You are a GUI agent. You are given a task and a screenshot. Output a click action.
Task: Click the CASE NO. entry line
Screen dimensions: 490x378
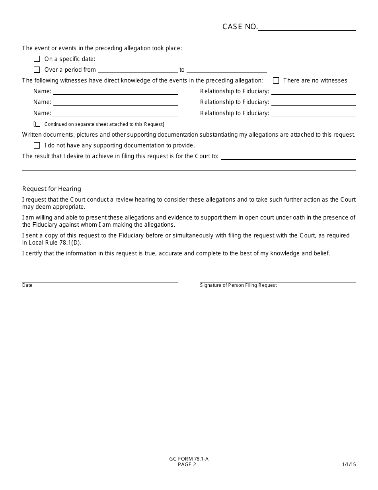pyautogui.click(x=307, y=27)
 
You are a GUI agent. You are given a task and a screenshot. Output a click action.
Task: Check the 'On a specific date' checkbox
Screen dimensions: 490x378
pyautogui.click(x=37, y=59)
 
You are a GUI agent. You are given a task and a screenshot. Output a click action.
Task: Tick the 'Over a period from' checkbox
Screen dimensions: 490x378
pyautogui.click(x=37, y=70)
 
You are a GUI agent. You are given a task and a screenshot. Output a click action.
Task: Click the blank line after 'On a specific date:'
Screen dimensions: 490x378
pyautogui.click(x=171, y=59)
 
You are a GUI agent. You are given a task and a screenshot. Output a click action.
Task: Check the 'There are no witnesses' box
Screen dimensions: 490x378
pyautogui.click(x=276, y=80)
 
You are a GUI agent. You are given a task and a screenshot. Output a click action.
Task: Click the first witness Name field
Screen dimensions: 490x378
pyautogui.click(x=115, y=91)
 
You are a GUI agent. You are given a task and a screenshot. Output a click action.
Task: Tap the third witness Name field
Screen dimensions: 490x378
pyautogui.click(x=115, y=113)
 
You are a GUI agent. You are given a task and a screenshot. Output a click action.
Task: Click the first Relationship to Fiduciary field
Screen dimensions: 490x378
pyautogui.click(x=313, y=91)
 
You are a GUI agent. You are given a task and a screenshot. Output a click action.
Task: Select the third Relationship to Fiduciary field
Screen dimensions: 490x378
pyautogui.click(x=313, y=113)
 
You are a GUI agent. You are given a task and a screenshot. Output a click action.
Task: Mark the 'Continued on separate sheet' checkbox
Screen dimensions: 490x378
pyautogui.click(x=38, y=124)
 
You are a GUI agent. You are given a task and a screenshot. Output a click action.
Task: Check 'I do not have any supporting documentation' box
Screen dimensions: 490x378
pyautogui.click(x=37, y=145)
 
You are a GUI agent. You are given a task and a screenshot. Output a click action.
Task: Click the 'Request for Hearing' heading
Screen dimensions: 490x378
pyautogui.click(x=52, y=189)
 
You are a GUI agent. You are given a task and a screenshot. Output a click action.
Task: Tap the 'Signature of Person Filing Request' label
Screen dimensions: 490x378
pyautogui.click(x=238, y=285)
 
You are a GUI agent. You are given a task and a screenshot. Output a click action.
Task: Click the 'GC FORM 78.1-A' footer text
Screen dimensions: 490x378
pyautogui.click(x=189, y=459)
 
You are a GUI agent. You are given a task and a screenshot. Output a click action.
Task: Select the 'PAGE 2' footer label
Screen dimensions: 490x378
pyautogui.click(x=187, y=465)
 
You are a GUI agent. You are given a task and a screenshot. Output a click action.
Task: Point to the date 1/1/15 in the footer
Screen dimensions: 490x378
pyautogui.click(x=349, y=465)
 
